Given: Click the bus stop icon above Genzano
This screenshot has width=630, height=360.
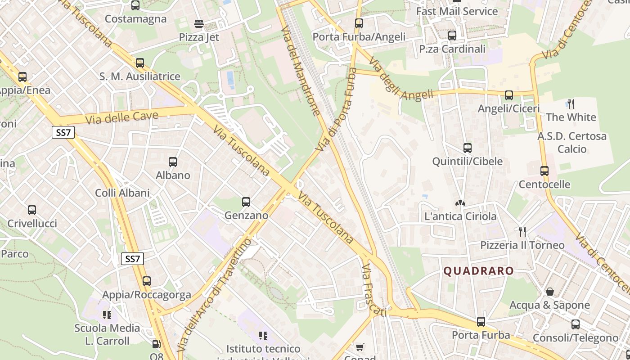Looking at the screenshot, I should coord(246,202).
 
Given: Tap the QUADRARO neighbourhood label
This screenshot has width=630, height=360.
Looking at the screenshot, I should coord(478,271).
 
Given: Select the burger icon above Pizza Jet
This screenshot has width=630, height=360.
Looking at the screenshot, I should coord(199,24).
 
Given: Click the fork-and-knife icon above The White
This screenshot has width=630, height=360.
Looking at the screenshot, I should coord(571,104).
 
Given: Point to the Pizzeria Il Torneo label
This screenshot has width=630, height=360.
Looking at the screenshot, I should coord(522,245).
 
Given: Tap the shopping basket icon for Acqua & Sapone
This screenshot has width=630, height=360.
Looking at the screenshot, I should coord(549,292).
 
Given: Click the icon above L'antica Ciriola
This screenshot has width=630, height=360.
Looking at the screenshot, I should coord(460,203).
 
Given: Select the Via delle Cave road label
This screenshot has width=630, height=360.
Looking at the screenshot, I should coord(121,118).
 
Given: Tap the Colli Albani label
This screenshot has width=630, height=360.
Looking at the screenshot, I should coord(122,193).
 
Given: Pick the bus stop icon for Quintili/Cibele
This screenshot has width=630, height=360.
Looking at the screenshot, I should coord(467,148).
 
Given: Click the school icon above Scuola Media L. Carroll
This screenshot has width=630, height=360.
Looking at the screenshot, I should coord(107,315).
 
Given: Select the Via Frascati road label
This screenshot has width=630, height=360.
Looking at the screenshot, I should coord(373,291).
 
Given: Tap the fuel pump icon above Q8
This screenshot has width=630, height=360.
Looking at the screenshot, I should coord(156,344).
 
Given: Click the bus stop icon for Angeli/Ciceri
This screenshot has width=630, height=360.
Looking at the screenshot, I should coord(508,95).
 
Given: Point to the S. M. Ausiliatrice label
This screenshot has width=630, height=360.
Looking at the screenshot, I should coord(139,76).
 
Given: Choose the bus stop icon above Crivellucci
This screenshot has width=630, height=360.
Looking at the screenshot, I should coord(31,210).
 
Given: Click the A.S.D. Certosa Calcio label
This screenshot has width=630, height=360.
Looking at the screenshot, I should coord(572,142).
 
